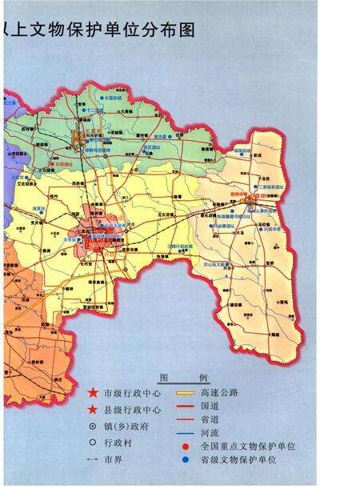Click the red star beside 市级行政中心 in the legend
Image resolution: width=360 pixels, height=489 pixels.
93,393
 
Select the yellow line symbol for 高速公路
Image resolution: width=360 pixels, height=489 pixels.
186,393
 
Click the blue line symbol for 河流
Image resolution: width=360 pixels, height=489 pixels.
186,432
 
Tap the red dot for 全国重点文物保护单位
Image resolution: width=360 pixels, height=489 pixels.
186,446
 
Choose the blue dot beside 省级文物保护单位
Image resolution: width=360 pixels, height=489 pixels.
186,459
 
